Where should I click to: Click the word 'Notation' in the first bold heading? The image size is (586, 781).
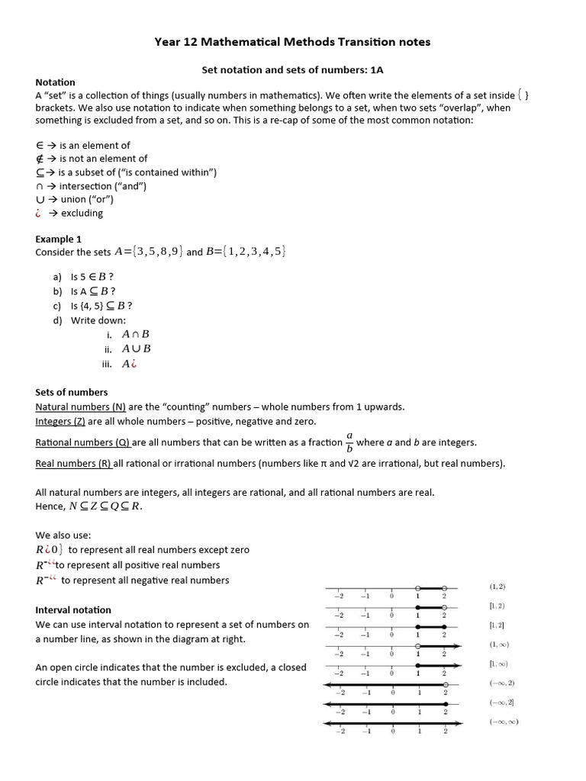(55, 82)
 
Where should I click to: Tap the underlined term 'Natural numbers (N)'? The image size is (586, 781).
(80, 407)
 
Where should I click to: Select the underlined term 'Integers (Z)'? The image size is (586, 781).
(60, 421)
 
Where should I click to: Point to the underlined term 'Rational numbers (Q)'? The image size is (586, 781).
(83, 442)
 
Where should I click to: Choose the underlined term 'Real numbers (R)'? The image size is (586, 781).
(73, 463)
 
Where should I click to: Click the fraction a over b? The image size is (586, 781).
(349, 442)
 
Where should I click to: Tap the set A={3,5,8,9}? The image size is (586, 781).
(148, 252)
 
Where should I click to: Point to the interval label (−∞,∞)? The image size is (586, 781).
(504, 722)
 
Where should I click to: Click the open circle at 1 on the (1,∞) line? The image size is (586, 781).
(417, 647)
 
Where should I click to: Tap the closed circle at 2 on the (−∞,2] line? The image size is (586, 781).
(444, 704)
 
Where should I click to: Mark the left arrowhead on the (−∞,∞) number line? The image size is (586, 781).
(328, 723)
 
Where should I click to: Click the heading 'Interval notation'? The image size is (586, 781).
(73, 609)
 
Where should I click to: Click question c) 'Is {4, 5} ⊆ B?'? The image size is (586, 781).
(96, 305)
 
